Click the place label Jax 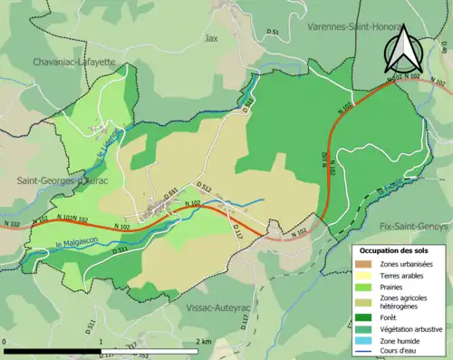[212, 39]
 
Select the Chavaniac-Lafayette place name [73, 62]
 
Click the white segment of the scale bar [149, 351]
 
